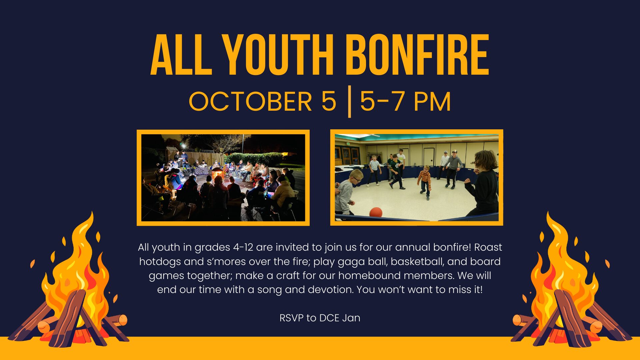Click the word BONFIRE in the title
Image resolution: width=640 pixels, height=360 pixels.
pos(417,55)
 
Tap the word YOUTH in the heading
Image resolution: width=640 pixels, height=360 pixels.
pos(278,55)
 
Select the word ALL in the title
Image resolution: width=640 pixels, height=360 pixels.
pos(181,55)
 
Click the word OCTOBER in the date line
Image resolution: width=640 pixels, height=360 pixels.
pos(250,101)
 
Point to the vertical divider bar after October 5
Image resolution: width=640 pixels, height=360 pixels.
pos(349,102)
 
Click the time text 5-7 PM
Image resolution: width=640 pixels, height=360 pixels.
pos(405,101)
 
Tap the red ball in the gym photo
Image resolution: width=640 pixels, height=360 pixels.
pos(376,212)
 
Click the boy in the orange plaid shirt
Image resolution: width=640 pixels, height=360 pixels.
pos(425,182)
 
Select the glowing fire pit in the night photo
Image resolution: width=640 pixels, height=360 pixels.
pos(217,173)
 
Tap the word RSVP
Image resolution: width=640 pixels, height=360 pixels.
pos(291,318)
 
